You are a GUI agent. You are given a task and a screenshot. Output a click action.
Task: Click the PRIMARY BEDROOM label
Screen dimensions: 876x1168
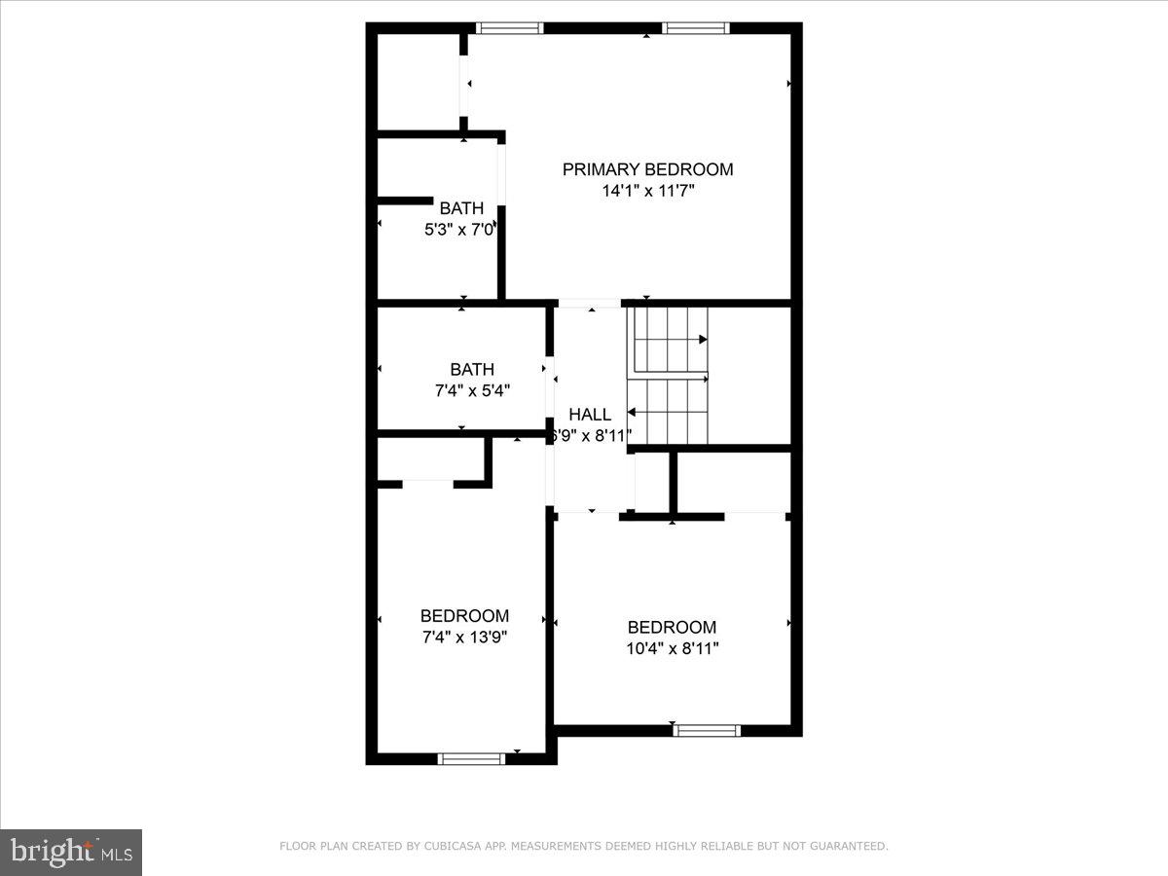(x=647, y=169)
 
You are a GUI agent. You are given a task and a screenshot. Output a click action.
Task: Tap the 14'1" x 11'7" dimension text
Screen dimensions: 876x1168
(x=647, y=192)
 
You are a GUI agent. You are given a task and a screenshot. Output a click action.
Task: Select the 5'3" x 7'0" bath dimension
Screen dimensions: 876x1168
(x=460, y=230)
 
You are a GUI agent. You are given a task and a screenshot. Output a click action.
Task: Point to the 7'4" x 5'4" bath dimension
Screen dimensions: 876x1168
(x=472, y=390)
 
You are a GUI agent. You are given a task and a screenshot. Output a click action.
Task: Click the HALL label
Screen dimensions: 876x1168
(x=590, y=415)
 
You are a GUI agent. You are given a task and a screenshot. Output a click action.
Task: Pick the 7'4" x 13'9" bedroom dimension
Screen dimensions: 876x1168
(x=464, y=638)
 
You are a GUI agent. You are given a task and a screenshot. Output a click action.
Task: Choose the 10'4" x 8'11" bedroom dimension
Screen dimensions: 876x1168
(x=672, y=648)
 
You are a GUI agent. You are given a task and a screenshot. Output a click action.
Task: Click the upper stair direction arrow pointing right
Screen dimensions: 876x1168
(x=702, y=340)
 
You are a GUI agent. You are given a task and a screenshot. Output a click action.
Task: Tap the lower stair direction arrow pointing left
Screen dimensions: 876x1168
(x=633, y=413)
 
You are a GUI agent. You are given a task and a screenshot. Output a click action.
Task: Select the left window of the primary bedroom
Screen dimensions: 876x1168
(x=509, y=28)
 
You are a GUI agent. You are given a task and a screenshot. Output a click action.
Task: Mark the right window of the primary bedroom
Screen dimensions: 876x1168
(x=696, y=28)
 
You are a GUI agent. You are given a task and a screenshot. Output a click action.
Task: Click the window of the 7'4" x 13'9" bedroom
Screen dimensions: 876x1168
(x=471, y=758)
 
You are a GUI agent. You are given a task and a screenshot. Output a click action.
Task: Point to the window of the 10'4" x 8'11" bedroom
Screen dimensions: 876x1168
(x=708, y=730)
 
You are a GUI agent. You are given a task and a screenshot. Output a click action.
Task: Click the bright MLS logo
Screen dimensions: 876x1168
(x=71, y=852)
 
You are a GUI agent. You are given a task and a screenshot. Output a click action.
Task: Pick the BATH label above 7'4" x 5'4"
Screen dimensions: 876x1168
(x=472, y=370)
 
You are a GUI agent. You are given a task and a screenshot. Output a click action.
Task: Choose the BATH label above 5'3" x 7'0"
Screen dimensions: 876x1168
(x=461, y=208)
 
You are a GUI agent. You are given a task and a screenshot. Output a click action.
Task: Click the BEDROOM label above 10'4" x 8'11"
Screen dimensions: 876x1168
(x=672, y=628)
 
